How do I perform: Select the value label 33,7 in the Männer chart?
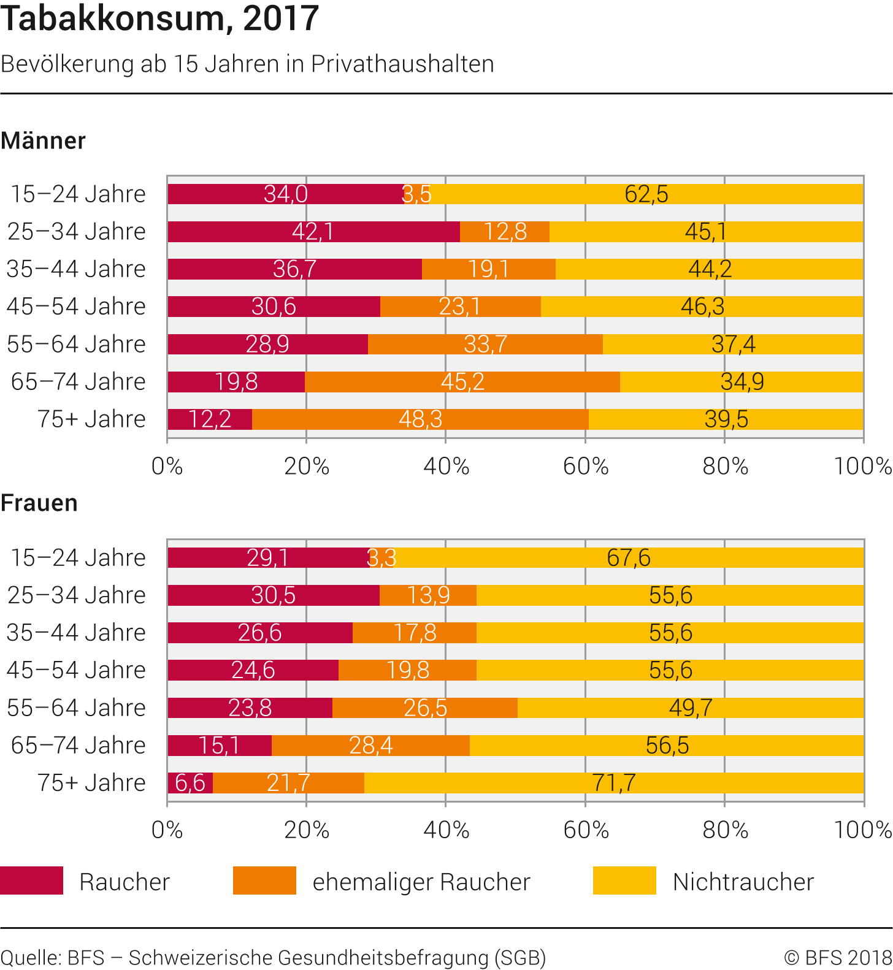(x=485, y=345)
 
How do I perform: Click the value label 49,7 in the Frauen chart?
(x=691, y=708)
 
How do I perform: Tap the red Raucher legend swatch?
(x=31, y=880)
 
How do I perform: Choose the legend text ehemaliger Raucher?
(x=421, y=882)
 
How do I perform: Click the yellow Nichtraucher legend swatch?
(x=624, y=880)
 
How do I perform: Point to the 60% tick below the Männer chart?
(x=586, y=467)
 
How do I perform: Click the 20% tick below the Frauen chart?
(x=307, y=830)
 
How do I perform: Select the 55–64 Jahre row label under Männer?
(x=77, y=345)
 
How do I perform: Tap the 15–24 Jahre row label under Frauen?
(x=78, y=558)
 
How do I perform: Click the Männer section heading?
(x=43, y=141)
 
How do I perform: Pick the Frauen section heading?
(x=39, y=503)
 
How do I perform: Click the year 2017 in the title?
(x=281, y=18)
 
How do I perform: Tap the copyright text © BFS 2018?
(x=838, y=958)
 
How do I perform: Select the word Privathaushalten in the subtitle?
(x=402, y=64)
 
